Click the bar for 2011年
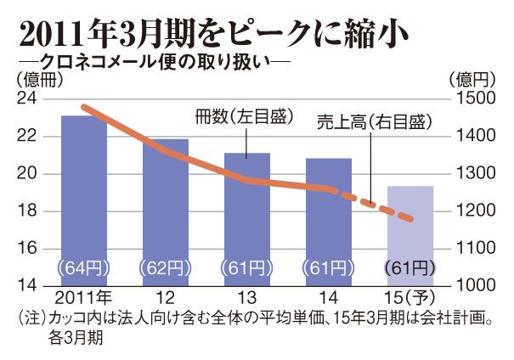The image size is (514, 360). pyautogui.click(x=83, y=212)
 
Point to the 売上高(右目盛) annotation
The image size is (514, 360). pyautogui.click(x=373, y=122)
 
